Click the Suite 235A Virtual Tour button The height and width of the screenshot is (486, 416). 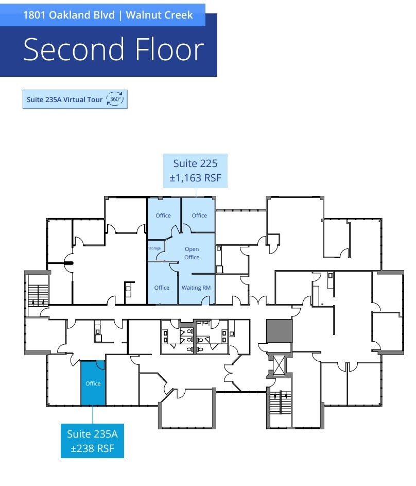pos(75,99)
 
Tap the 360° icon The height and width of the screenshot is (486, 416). pos(115,99)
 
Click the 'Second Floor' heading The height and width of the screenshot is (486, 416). pos(114,49)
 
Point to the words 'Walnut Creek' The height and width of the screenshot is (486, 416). pos(159,15)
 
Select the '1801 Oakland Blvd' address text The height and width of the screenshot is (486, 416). pos(68,15)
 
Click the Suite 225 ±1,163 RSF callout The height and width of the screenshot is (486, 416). pos(195,171)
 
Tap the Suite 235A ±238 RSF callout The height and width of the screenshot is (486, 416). pos(92,441)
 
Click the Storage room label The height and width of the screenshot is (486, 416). pos(154,248)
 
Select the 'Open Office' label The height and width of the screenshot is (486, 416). pos(192,253)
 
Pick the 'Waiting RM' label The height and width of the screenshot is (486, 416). pos(196,288)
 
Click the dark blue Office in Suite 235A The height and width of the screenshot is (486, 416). pos(93,383)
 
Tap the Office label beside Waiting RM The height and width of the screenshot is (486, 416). pos(162,288)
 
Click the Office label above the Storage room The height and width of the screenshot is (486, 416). pos(163,215)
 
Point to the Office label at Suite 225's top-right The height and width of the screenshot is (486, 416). pos(199,215)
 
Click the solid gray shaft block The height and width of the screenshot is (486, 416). pos(279,331)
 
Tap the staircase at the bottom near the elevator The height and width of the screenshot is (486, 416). pos(281,403)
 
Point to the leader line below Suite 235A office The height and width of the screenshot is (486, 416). pos(93,414)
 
